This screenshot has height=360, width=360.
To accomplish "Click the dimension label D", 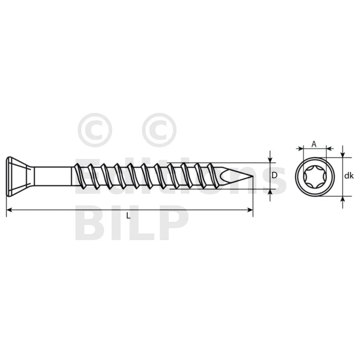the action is tap(274, 175).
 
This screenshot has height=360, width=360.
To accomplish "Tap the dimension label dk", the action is tap(349, 176).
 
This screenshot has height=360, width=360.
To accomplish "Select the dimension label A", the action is tap(314, 144).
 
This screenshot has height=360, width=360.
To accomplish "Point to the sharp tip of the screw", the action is tap(253, 176).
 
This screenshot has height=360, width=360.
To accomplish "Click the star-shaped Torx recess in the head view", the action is tap(315, 177).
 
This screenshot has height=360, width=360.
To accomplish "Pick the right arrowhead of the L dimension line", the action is tap(250, 210).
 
